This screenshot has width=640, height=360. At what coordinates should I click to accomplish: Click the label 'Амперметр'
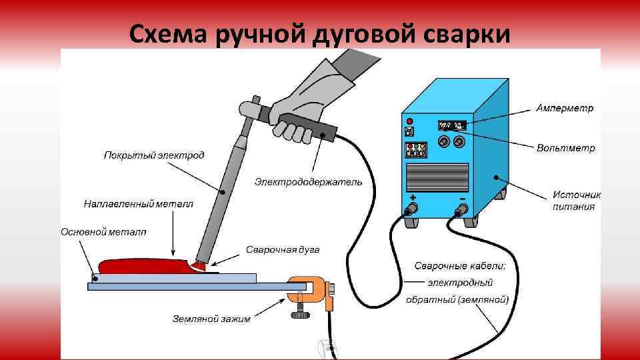[x=565, y=107]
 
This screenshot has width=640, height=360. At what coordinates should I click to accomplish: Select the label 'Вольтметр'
[x=566, y=148]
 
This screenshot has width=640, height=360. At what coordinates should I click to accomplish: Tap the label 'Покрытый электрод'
[x=154, y=155]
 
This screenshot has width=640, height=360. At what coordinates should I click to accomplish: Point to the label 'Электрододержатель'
[x=309, y=181]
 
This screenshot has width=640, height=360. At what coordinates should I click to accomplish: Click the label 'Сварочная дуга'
[x=283, y=250]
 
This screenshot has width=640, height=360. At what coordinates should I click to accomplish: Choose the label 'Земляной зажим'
[x=211, y=319]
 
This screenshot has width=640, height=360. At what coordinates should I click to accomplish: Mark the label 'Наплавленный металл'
[x=139, y=203]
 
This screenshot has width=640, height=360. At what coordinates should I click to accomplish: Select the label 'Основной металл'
[x=104, y=232]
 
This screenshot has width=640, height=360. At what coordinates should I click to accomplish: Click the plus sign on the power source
[x=413, y=197]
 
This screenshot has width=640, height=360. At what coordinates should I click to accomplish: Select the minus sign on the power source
[x=461, y=198]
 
